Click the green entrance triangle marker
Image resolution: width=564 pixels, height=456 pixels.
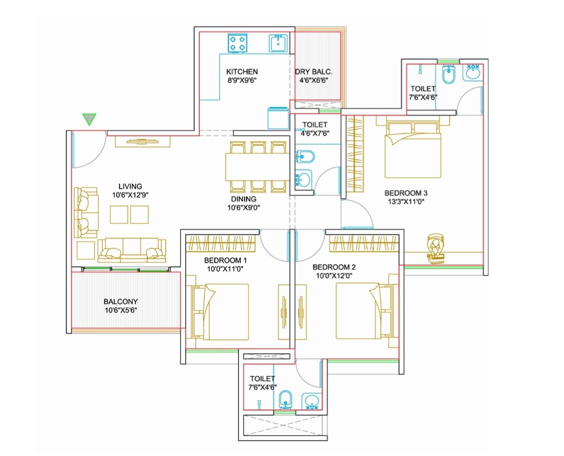(x=90, y=119)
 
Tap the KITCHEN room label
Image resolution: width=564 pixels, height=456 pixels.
(x=242, y=72)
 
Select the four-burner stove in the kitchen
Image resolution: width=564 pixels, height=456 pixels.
(x=238, y=43)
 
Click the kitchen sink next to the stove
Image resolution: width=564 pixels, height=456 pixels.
(x=278, y=43)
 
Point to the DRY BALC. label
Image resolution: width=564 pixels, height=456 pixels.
(x=313, y=72)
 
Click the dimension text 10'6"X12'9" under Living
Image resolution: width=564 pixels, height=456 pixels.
(x=130, y=195)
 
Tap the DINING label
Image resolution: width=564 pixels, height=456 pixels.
(x=244, y=199)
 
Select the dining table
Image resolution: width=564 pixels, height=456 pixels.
(x=257, y=167)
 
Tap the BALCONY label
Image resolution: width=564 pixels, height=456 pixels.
(x=121, y=301)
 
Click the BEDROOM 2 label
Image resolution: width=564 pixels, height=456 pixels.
(x=334, y=267)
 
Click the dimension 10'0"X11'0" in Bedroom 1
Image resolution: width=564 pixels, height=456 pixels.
(x=224, y=269)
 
